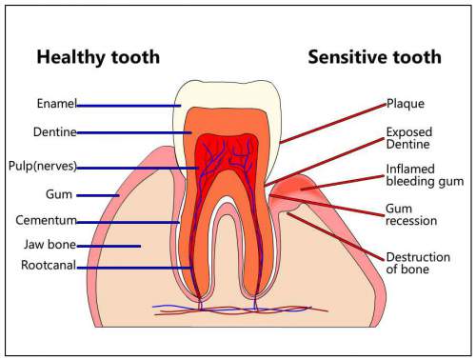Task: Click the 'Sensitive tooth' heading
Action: pyautogui.click(x=374, y=57)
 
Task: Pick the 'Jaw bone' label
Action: pyautogui.click(x=49, y=245)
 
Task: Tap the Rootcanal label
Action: pyautogui.click(x=50, y=267)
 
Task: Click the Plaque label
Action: pyautogui.click(x=404, y=104)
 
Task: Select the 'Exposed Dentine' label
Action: pyautogui.click(x=409, y=138)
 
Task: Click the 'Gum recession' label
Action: pyautogui.click(x=411, y=213)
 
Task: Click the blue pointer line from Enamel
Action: pyautogui.click(x=129, y=105)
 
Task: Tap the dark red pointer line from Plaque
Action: pyautogui.click(x=333, y=122)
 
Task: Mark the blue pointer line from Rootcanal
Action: pyautogui.click(x=133, y=268)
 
